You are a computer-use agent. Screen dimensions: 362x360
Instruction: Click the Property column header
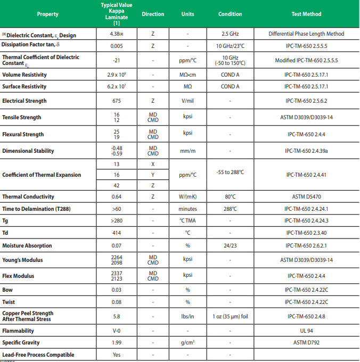(48, 14)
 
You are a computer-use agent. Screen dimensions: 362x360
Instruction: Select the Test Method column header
(306, 14)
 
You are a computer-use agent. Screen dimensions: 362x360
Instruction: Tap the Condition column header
(230, 14)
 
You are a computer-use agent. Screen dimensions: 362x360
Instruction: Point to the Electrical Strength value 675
(117, 101)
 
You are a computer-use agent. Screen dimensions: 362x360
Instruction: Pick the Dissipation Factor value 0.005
(117, 46)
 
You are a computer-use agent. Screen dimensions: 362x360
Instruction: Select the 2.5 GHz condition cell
(230, 34)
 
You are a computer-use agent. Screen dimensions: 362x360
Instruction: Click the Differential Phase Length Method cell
(306, 34)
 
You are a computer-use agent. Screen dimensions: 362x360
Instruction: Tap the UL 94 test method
(306, 331)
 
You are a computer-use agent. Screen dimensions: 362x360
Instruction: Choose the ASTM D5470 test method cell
(306, 197)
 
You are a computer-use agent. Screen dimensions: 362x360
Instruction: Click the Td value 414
(117, 233)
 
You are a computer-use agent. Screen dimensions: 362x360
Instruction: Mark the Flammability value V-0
(117, 331)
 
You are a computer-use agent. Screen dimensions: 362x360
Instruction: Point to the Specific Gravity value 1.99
(117, 343)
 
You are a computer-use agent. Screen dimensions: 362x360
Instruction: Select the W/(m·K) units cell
(187, 197)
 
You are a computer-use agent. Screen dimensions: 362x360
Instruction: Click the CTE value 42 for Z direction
(117, 185)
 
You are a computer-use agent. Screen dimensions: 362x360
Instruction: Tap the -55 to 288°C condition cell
(230, 172)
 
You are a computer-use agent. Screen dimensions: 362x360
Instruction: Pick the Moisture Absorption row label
(27, 246)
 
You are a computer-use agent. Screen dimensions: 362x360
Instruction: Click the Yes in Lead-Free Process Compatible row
(117, 355)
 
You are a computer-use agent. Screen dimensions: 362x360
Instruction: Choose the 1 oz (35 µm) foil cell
(230, 316)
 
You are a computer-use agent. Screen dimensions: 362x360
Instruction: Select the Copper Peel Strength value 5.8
(117, 316)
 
